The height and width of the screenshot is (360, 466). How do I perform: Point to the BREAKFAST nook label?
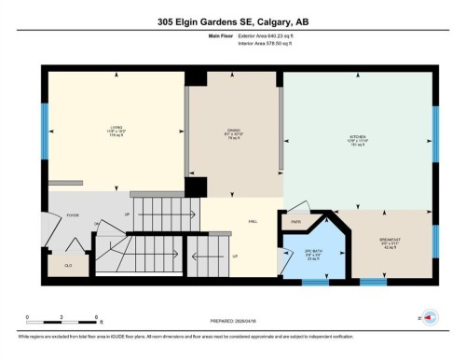tap(391, 239)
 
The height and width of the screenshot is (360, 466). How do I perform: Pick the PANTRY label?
tap(295, 222)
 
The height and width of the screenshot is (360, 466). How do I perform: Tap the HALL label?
tap(252, 222)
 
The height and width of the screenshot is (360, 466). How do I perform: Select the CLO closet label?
tap(68, 265)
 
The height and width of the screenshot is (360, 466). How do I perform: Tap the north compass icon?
tap(430, 316)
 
